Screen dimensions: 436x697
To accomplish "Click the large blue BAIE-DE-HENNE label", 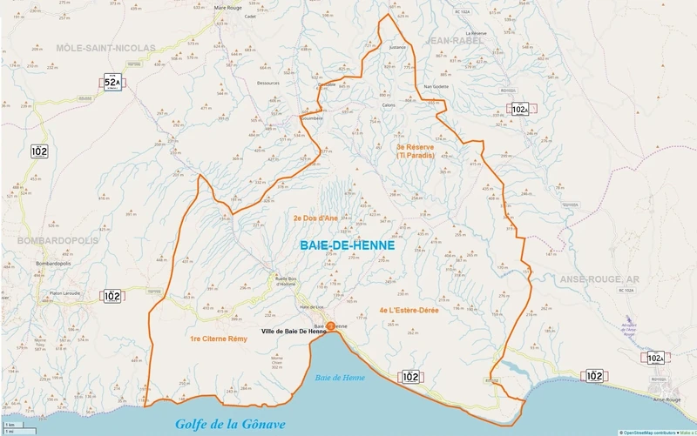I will point(347,246).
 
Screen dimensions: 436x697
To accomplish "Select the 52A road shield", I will point(112,84).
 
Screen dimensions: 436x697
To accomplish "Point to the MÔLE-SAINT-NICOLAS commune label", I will point(105,47).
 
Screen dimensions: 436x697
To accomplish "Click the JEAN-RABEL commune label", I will point(456,40).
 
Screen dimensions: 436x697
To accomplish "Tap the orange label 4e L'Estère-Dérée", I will point(409,310).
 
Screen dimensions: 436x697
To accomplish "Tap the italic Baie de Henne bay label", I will point(341,377).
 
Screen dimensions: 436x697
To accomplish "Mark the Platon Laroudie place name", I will point(66,296).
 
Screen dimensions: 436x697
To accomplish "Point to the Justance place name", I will point(397,48).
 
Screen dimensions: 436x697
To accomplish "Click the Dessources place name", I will point(268,84).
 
